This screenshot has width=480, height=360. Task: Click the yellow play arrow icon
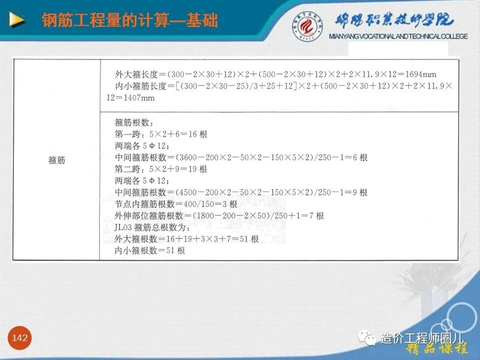coord(16,20)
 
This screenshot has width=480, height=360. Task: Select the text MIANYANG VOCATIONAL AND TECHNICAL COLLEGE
coord(398,36)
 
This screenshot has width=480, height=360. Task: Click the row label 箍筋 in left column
coord(56,160)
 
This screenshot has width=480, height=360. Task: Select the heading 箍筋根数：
coord(132,122)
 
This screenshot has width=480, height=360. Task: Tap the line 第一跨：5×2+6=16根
coord(160,134)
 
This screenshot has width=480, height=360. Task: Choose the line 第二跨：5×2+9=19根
coord(160,169)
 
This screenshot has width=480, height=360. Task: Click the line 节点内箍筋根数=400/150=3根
coord(176,204)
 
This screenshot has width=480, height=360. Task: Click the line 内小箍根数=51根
coord(149,250)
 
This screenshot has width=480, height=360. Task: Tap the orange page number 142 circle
coord(20,338)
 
